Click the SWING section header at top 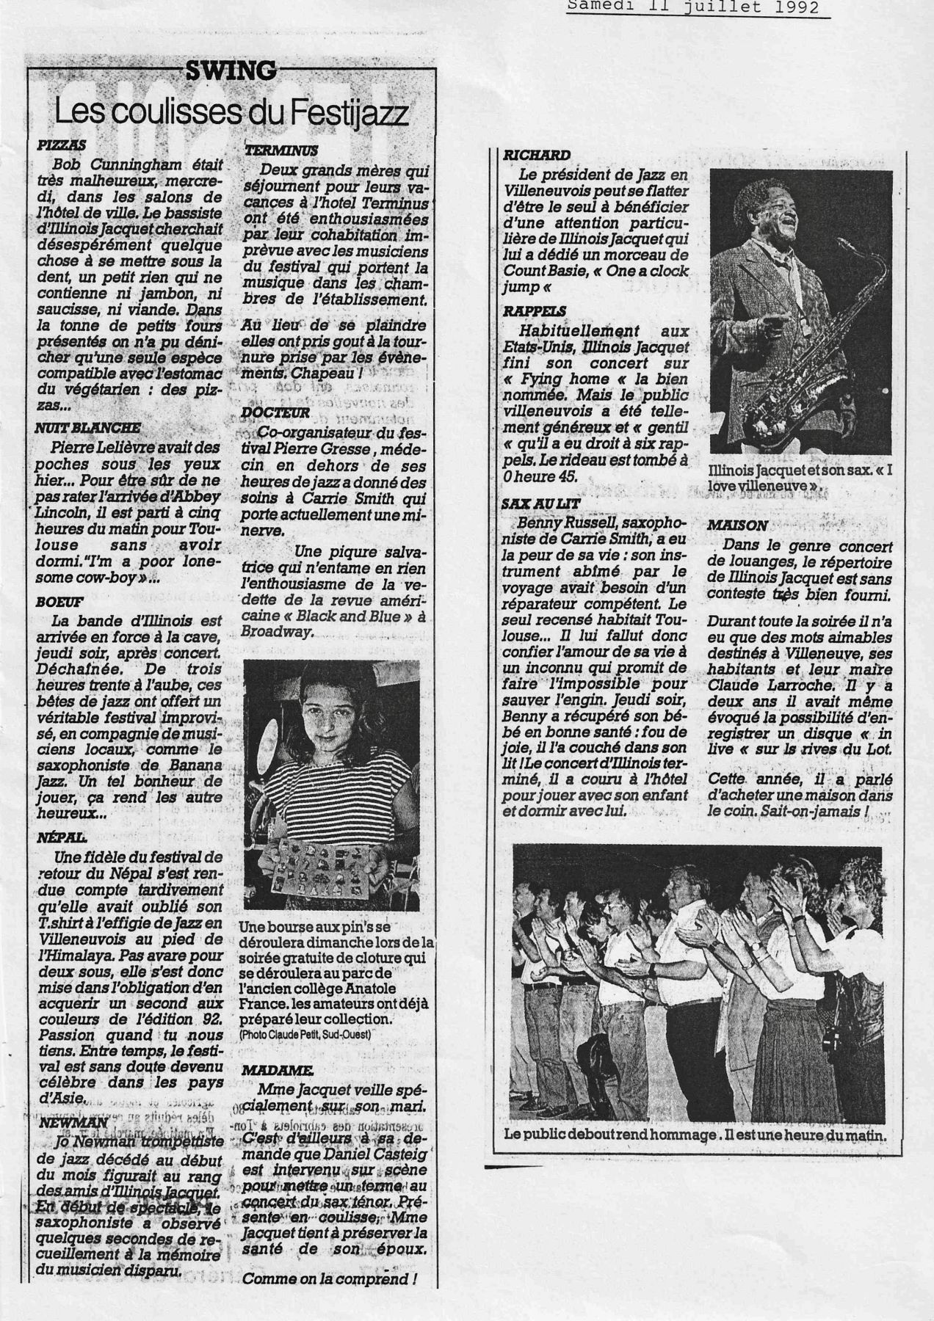coord(231,71)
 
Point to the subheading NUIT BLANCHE coord(87,428)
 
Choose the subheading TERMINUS coord(280,151)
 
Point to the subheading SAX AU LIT coord(542,504)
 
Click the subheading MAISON coord(737,525)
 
